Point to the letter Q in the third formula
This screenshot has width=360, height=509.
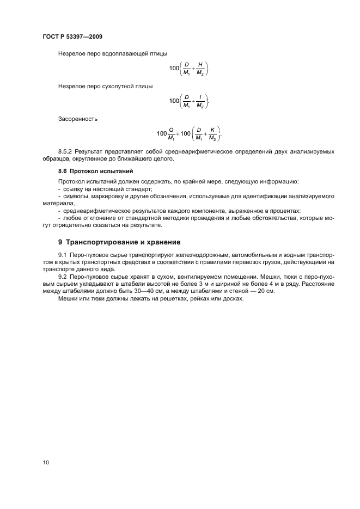click(170, 130)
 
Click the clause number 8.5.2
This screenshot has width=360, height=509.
click(65, 152)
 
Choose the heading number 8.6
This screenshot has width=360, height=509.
click(63, 171)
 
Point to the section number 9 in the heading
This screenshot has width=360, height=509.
click(60, 241)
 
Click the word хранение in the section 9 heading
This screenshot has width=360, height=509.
click(163, 241)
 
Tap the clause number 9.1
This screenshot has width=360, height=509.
click(62, 255)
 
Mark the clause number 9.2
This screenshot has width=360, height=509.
click(62, 277)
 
